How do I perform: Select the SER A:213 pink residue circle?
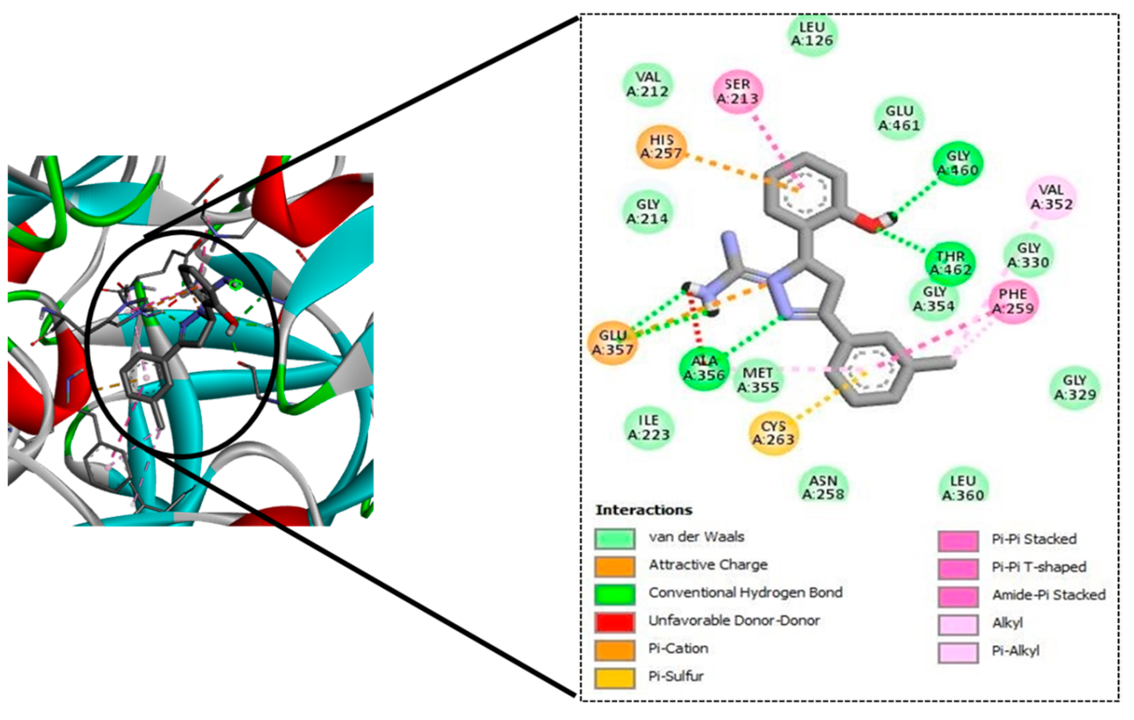(x=737, y=92)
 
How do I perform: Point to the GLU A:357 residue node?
(x=613, y=343)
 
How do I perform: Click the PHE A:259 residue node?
(x=1013, y=302)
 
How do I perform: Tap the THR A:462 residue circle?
(x=950, y=263)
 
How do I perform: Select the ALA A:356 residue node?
(x=703, y=368)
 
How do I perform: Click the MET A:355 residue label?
(x=757, y=380)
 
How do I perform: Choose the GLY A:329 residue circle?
(x=1075, y=387)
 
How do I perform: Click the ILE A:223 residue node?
(x=648, y=427)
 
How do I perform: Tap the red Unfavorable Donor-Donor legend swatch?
(x=614, y=621)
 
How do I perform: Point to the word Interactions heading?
(x=644, y=510)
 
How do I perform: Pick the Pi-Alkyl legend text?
(x=1015, y=651)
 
